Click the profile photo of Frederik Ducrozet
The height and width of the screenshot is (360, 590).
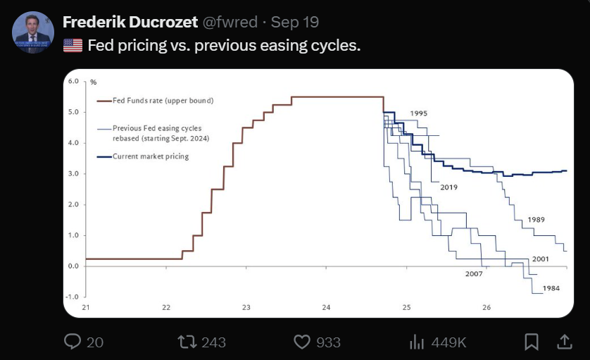pos(33,32)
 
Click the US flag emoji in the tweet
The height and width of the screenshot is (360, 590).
pos(73,46)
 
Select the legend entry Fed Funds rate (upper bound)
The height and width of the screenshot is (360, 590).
pos(163,101)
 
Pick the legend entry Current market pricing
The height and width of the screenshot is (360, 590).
pos(151,156)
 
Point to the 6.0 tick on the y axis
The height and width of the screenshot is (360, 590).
pos(75,82)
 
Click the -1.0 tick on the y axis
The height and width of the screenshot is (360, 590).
pos(74,297)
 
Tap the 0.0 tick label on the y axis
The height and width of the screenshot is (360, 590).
pos(75,266)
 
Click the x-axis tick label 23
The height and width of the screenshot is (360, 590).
pos(246,307)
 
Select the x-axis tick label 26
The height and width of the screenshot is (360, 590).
pos(487,307)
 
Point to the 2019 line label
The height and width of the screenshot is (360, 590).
pos(449,187)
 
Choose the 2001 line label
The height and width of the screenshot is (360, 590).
pos(541,259)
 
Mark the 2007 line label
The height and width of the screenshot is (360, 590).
pos(474,273)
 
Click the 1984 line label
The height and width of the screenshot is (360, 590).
pos(551,288)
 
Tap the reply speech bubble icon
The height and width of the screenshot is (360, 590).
pos(74,342)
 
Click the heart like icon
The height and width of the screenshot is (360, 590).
pos(302,342)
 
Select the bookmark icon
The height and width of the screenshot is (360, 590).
pos(532,342)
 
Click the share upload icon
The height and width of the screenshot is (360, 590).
pos(565,342)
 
